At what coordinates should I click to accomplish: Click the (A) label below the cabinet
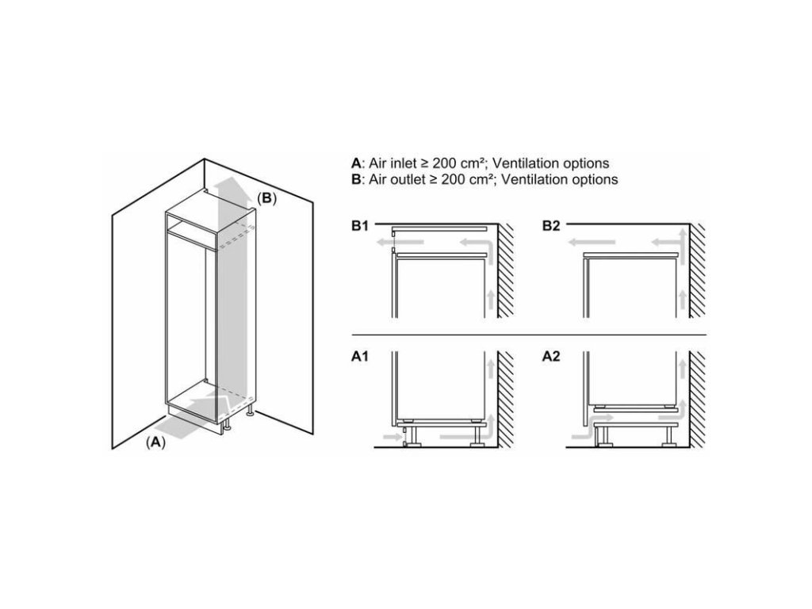coord(156,442)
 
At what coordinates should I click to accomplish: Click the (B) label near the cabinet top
coord(266,198)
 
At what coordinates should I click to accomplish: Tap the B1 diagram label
coord(360,226)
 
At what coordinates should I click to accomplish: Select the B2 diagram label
coord(551,226)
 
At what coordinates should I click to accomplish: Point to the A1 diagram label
coord(360,356)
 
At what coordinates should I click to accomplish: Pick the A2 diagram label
coord(551,356)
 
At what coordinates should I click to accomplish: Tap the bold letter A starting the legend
coord(356,163)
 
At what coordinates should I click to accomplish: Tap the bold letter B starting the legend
coord(356,179)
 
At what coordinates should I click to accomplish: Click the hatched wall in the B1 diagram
coord(506,270)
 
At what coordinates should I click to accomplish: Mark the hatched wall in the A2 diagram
coord(697,399)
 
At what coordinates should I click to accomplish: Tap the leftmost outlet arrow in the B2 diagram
coord(592,242)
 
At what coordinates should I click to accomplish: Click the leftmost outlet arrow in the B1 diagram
coord(400,242)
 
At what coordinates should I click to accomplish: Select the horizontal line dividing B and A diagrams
coord(529,335)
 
